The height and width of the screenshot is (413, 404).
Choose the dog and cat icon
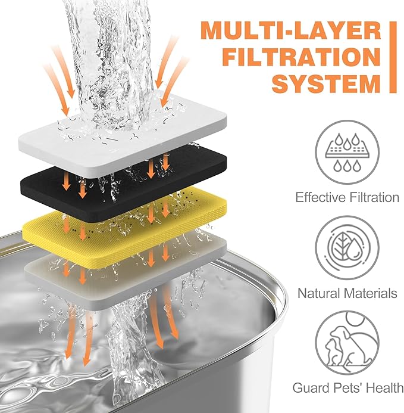(x=347, y=343)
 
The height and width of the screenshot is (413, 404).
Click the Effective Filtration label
(x=347, y=197)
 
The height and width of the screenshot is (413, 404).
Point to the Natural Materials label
(x=347, y=293)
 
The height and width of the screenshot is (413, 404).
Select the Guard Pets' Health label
(x=347, y=389)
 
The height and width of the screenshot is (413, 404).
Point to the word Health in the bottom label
(x=382, y=389)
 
